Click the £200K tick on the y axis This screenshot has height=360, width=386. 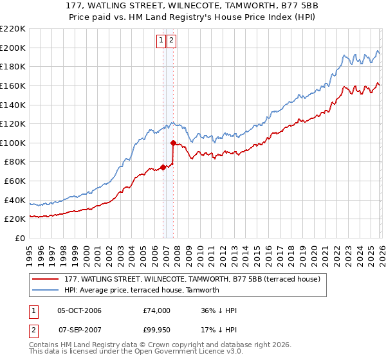(x=14, y=48)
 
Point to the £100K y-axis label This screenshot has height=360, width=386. (x=14, y=143)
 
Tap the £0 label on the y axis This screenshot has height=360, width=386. (x=20, y=239)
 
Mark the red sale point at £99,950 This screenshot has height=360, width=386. (x=173, y=143)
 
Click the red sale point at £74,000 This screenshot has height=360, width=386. (x=163, y=167)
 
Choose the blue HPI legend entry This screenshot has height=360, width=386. (x=142, y=290)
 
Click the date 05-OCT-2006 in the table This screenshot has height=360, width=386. (x=78, y=310)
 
